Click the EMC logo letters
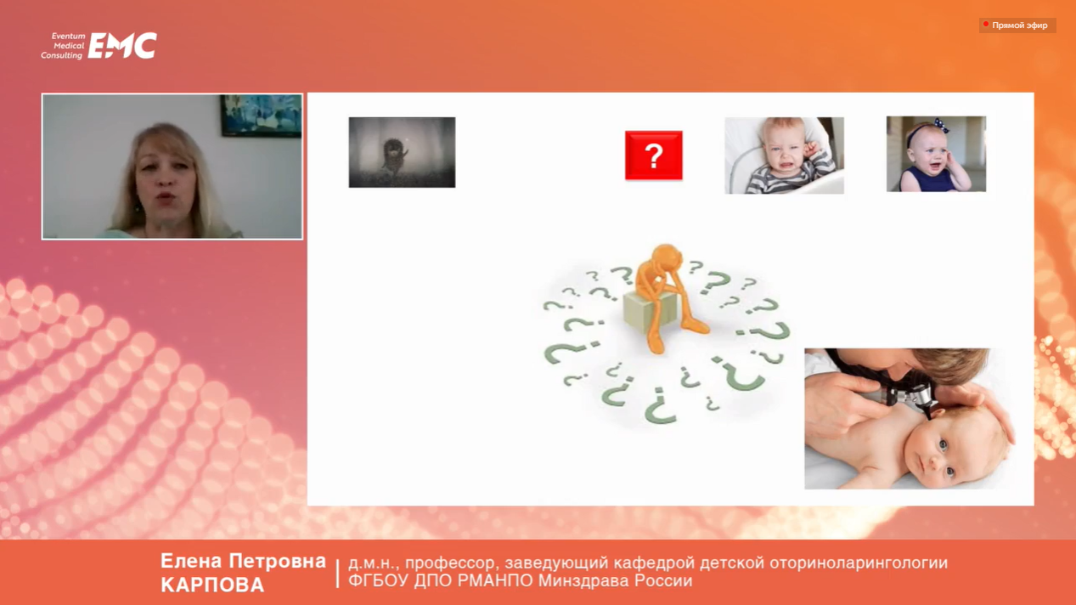coord(122,46)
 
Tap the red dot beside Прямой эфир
coord(986,24)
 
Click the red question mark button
coord(653,155)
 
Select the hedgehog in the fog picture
coord(402,152)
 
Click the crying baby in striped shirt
coord(784,155)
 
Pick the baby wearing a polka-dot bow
coord(936,154)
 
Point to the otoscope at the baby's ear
coord(903,395)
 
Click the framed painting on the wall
coord(261,116)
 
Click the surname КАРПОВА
coord(212,585)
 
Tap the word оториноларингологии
coord(859,563)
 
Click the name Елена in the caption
coord(191,561)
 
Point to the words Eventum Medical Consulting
coord(63,46)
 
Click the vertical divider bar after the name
coord(337,574)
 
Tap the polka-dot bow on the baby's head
coord(939,125)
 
